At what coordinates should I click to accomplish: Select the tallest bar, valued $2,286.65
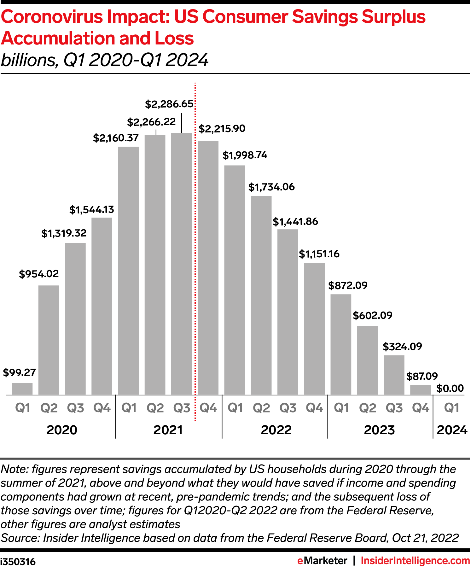click(181, 264)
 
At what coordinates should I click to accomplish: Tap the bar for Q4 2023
click(420, 390)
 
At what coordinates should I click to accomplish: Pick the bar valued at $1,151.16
click(314, 329)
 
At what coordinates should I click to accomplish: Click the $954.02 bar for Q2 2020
click(49, 340)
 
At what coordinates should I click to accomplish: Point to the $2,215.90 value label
click(222, 129)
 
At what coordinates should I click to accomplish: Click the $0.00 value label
click(450, 388)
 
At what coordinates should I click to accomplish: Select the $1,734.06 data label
click(271, 187)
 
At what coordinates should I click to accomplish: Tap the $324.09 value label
click(402, 347)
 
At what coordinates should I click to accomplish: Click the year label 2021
click(168, 430)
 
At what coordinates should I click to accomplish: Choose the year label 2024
click(452, 430)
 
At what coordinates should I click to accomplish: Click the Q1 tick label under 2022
click(235, 408)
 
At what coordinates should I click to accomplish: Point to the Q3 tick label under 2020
click(75, 408)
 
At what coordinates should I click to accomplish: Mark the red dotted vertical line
click(195, 252)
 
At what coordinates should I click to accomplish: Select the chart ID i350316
click(18, 562)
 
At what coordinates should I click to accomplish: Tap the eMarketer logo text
click(322, 561)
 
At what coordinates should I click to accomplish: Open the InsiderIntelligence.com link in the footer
click(415, 561)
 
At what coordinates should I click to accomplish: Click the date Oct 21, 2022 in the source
click(425, 538)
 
